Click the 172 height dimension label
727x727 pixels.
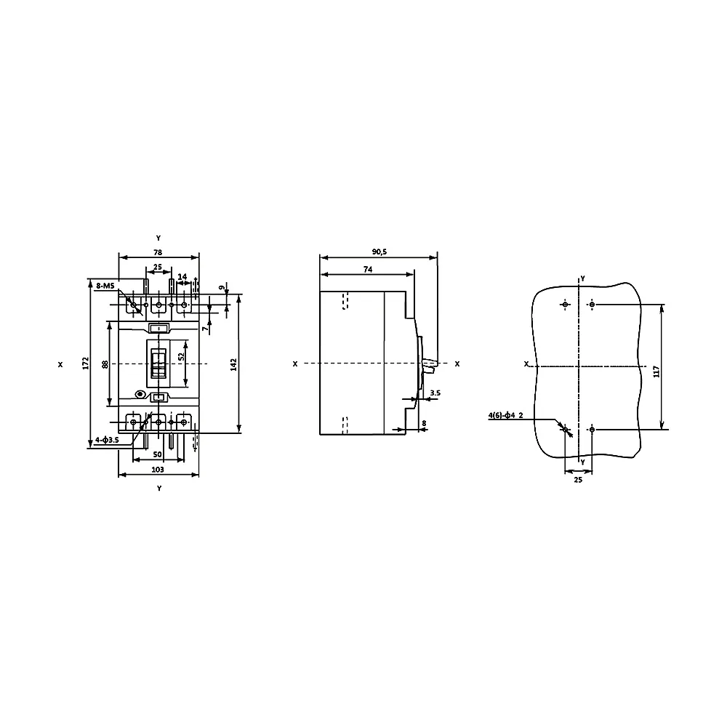(85, 363)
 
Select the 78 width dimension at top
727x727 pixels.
(158, 252)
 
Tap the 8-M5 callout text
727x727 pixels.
(105, 286)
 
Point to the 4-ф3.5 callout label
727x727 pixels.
(107, 440)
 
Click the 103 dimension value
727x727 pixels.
(158, 469)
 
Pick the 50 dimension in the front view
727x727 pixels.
(158, 454)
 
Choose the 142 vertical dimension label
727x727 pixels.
(233, 364)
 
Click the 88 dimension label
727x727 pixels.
(105, 364)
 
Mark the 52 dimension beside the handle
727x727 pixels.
(181, 356)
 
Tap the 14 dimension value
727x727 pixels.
(182, 276)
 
